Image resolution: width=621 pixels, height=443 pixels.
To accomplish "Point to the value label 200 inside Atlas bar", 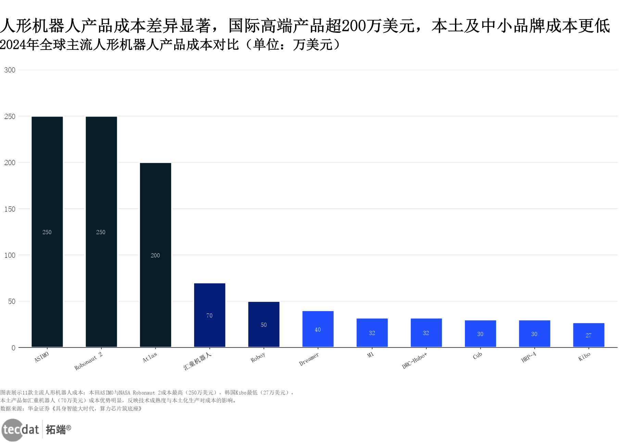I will [155, 255].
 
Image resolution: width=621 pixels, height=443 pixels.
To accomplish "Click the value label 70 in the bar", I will [210, 316].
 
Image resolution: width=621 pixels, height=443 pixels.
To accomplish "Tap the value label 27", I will [588, 335].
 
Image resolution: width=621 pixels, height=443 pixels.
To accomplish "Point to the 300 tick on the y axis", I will [10, 70].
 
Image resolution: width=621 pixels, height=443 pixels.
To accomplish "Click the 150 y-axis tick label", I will [10, 209].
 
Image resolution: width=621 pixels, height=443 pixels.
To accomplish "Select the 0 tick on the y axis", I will [13, 348].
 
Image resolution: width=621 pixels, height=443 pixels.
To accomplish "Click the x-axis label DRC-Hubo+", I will [415, 361].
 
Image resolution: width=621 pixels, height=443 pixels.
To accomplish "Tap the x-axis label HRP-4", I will [529, 357].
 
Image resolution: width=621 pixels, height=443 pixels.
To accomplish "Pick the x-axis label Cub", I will [478, 355].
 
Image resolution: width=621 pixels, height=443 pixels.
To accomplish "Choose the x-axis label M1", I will [370, 355].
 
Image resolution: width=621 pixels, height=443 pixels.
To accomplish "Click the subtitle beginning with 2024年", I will [170, 45].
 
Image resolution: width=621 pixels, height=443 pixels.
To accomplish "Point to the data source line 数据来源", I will [71, 408].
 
